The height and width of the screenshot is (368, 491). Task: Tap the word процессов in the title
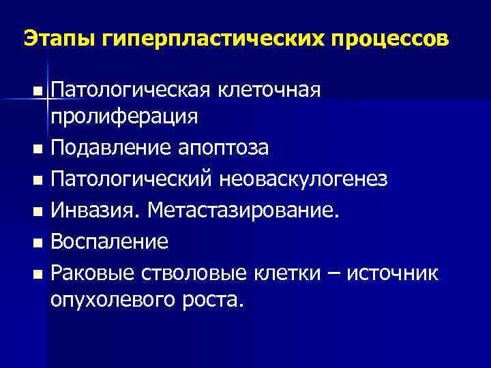(390, 38)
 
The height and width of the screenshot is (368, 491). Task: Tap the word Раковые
(94, 273)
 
